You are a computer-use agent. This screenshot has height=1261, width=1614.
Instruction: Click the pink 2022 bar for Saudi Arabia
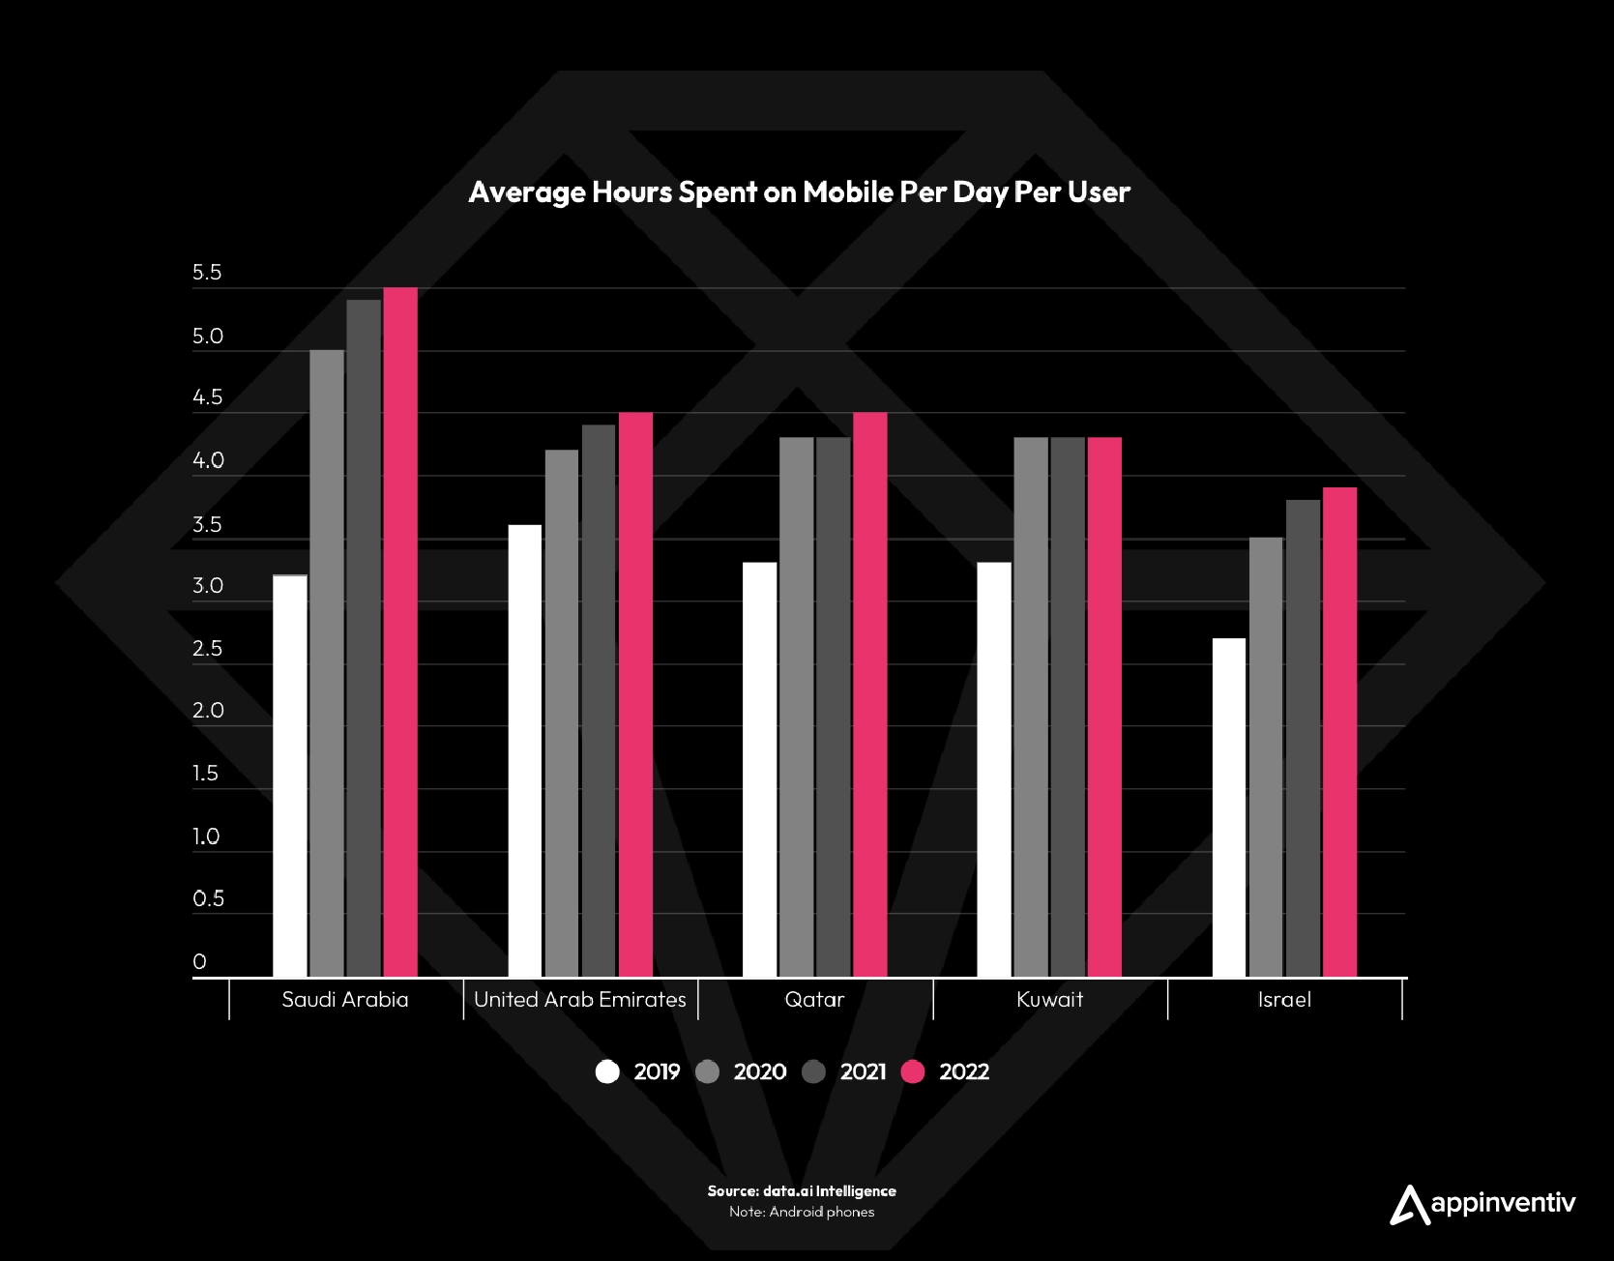(400, 632)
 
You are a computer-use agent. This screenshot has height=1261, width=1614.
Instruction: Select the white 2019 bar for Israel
(1229, 807)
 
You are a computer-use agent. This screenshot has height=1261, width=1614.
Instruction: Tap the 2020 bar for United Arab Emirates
(562, 714)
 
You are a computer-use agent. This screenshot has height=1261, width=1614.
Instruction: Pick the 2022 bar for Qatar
(870, 694)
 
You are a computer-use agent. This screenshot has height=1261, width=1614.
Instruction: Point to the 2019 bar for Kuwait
(994, 770)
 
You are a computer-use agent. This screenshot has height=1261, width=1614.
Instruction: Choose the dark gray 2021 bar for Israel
(1303, 738)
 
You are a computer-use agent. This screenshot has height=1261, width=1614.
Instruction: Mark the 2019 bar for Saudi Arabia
(290, 776)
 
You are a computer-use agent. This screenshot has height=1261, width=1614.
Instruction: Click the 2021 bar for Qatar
(834, 707)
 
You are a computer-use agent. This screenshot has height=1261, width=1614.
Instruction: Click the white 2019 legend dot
(607, 1071)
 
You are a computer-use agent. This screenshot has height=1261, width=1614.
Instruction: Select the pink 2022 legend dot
(913, 1071)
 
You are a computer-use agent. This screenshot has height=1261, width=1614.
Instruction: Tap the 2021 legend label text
(863, 1071)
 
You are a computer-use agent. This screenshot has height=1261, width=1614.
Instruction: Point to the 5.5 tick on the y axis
(207, 273)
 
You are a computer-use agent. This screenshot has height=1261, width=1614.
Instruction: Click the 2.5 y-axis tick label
(207, 649)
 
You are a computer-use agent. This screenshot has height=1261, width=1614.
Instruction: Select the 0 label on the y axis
(200, 961)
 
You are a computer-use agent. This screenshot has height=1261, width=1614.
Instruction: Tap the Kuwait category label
(1049, 1000)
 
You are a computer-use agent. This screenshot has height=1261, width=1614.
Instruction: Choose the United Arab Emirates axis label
(580, 1000)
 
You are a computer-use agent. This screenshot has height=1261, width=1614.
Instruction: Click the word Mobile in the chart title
(848, 191)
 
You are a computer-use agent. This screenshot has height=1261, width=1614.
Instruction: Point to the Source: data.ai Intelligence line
(802, 1191)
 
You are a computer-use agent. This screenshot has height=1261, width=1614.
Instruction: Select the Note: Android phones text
(802, 1212)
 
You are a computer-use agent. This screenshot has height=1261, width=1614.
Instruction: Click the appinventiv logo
(1482, 1204)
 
